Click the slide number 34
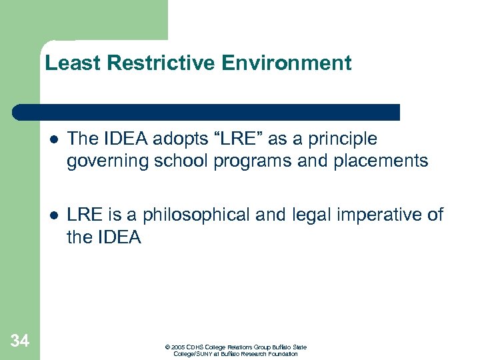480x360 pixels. click(20, 341)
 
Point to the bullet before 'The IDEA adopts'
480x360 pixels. click(53, 139)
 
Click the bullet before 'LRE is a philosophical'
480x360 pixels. click(53, 215)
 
